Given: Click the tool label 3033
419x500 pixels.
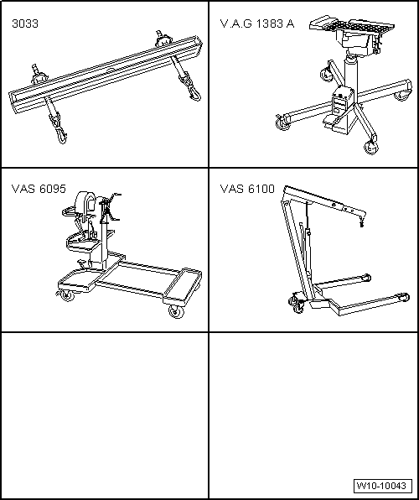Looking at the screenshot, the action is point(25,24).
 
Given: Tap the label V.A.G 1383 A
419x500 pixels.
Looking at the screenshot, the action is point(257,24).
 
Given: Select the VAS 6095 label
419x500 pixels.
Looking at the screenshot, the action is point(39,189).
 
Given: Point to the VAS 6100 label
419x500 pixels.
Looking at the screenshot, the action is point(247,189).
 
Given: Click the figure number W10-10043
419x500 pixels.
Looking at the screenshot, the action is point(382,486).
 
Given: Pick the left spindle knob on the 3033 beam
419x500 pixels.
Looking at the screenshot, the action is point(38,76).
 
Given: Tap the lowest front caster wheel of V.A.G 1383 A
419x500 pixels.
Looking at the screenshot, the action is point(370,148).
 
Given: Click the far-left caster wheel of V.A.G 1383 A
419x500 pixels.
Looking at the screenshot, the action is point(282,122).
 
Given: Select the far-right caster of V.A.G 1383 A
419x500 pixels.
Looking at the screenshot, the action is point(402,96).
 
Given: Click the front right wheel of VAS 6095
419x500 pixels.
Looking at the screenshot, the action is point(176,311).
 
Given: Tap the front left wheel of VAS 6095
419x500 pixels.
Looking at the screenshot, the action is point(66,295).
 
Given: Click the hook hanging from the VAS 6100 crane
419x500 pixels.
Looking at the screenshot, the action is point(361,221).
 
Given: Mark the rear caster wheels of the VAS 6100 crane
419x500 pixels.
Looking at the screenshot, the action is point(297,304).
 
